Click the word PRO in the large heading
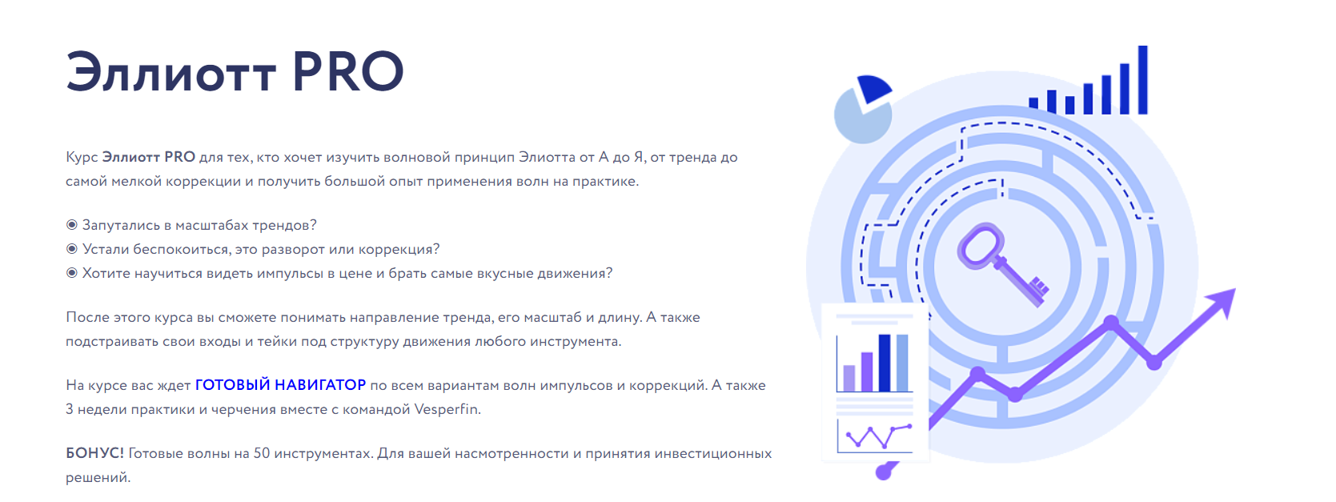347,72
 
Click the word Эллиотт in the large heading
171,72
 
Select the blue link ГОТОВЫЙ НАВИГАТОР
280,385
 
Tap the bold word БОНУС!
94,453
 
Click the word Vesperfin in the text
447,410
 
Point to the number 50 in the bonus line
262,453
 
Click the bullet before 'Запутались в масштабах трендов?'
71,225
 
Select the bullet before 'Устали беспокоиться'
71,249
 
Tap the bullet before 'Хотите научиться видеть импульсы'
71,273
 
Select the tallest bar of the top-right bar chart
1143,80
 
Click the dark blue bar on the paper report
885,363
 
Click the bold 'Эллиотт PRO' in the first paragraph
149,157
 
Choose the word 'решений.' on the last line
98,477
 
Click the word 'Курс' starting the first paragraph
82,158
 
